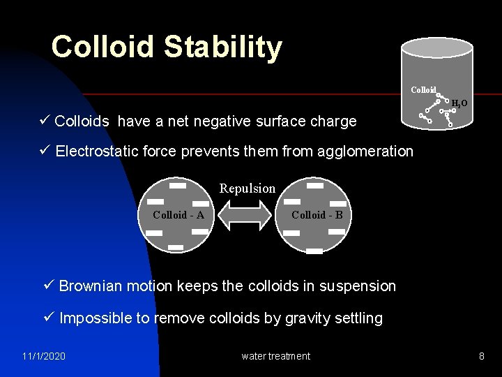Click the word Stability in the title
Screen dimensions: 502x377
pos(223,47)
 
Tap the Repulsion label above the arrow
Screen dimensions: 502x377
pos(248,188)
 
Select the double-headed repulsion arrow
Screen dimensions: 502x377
pos(248,215)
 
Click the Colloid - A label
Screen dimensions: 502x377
pos(178,215)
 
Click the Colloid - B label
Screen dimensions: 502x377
pos(317,215)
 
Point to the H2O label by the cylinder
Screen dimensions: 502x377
pos(459,104)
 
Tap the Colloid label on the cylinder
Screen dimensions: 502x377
pos(423,90)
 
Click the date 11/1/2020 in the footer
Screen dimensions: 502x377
pos(43,356)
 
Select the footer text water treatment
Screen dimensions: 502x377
pos(275,356)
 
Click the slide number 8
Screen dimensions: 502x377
pos(481,356)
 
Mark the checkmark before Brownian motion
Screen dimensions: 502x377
pos(48,286)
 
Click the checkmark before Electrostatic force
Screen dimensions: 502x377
pos(45,151)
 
